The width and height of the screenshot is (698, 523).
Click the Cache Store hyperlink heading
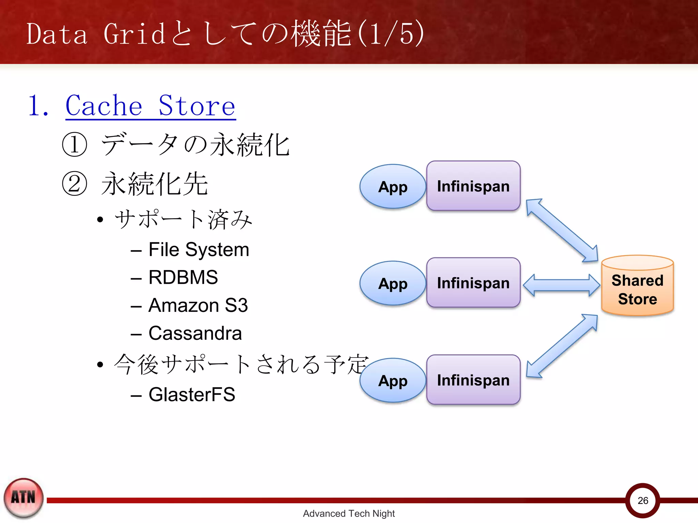150,106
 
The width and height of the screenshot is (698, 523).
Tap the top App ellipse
393,187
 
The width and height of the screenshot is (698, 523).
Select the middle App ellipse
393,283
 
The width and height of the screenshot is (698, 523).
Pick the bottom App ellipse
393,380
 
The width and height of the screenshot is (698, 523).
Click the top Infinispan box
473,186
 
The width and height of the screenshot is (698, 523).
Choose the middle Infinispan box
473,283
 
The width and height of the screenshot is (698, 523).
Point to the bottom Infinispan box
473,380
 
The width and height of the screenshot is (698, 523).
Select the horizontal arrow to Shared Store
561,285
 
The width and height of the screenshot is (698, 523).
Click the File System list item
199,250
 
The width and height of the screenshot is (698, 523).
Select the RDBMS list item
183,277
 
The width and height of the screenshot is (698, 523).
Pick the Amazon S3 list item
198,305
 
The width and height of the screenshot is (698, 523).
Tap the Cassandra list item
195,333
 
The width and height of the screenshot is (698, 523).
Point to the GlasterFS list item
192,395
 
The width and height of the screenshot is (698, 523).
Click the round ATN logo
23,498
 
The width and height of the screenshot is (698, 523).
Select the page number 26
643,501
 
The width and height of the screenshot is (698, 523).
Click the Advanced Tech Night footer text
349,513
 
